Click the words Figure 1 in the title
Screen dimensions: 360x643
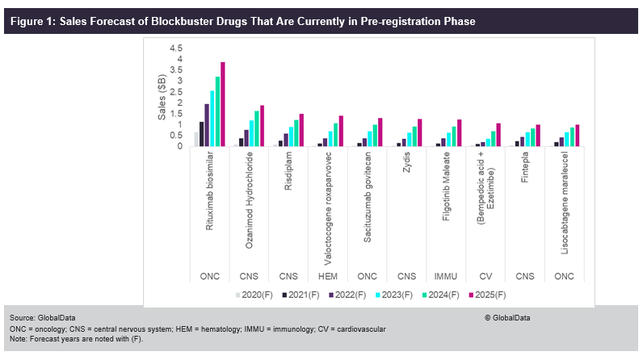click(31, 21)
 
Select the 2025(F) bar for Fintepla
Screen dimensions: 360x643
click(537, 136)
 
